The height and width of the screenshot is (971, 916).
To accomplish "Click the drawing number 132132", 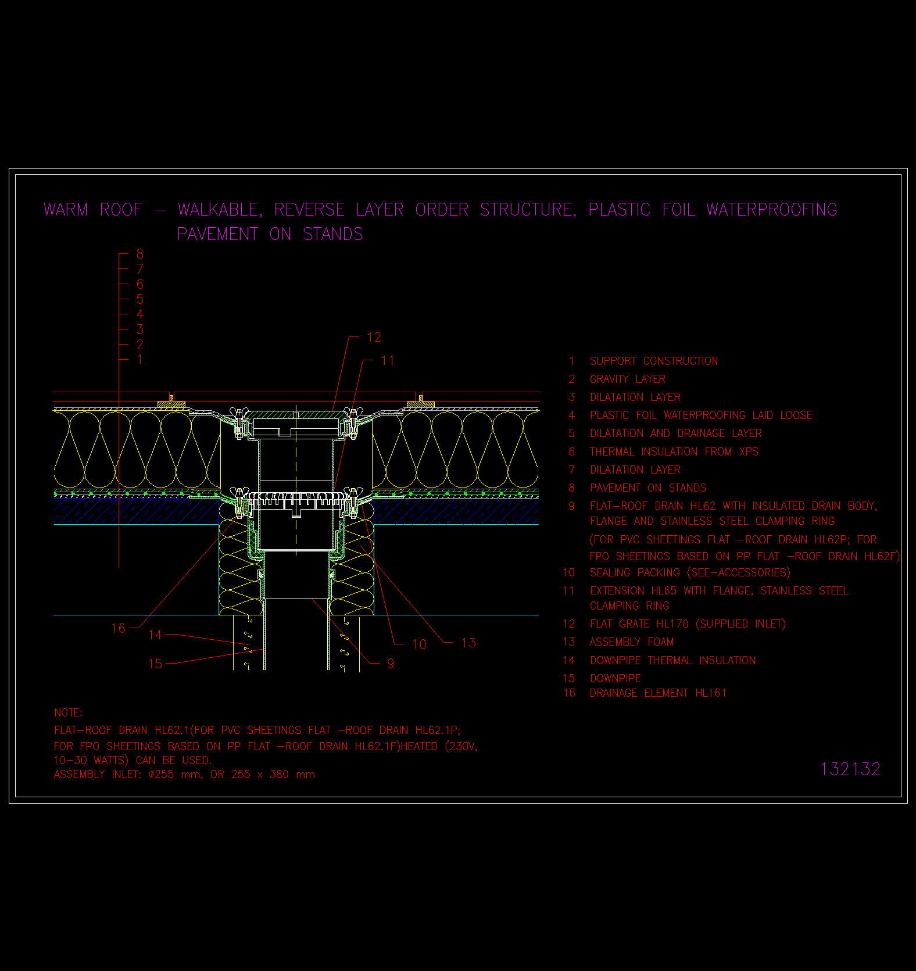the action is click(850, 769).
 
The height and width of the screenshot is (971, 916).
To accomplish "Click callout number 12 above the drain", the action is click(374, 337).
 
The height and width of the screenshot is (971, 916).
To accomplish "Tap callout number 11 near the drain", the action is click(388, 360).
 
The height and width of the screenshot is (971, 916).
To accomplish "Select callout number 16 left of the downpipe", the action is click(118, 628).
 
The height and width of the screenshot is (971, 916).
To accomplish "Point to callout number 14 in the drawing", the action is click(155, 635).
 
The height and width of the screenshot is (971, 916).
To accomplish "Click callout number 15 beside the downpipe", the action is click(155, 663).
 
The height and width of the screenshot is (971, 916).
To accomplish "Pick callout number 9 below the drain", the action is click(391, 663).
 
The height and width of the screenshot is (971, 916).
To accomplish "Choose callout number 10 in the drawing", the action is click(419, 644).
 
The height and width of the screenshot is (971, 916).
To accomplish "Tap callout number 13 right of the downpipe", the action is click(468, 643).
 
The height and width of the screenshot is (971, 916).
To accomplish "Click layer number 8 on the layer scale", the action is click(140, 254).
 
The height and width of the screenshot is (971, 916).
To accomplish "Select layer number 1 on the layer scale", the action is click(140, 360).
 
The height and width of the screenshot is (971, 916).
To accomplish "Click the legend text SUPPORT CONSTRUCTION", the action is click(654, 361).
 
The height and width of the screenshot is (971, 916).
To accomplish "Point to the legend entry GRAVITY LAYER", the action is click(628, 379).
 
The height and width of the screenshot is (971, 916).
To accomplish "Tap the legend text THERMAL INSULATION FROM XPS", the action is click(674, 452).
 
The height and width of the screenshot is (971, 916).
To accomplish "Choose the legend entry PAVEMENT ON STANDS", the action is click(648, 488).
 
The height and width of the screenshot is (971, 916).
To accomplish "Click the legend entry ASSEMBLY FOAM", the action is click(632, 642).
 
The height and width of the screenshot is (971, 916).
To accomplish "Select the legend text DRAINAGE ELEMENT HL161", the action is click(659, 693).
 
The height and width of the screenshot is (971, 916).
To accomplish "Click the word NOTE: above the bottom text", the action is click(69, 712).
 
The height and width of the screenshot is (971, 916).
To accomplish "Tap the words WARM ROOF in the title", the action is click(93, 209).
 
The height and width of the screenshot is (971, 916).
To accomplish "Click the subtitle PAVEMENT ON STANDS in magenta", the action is click(270, 234).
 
